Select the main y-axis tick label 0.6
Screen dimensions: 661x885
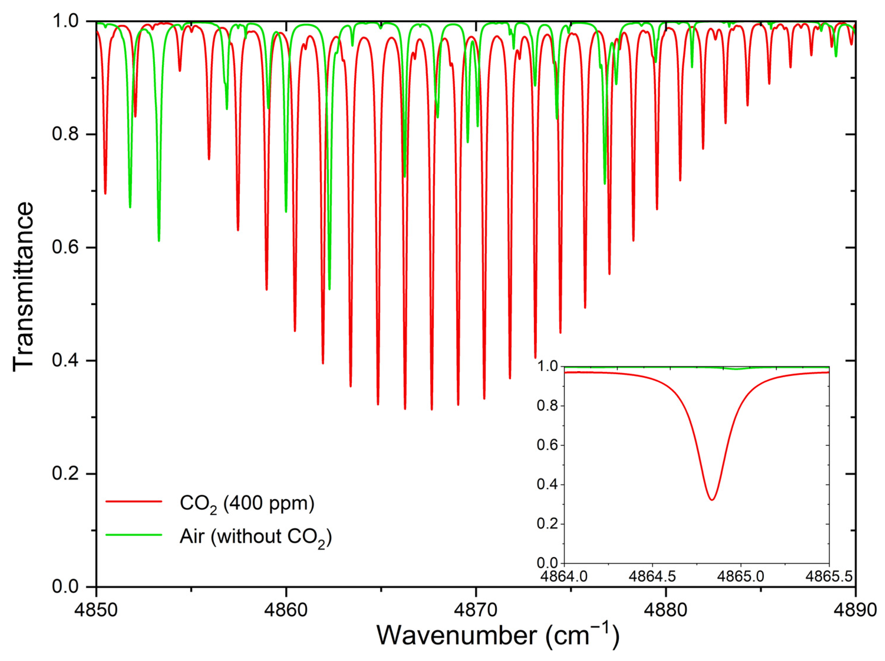pyautogui.click(x=65, y=247)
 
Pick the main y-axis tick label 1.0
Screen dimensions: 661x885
pyautogui.click(x=65, y=21)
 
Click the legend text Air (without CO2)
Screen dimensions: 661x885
pyautogui.click(x=255, y=537)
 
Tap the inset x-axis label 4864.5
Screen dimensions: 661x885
pyautogui.click(x=652, y=576)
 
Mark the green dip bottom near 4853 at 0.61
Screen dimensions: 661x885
pyautogui.click(x=159, y=240)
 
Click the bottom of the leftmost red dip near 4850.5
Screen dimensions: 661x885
pyautogui.click(x=105, y=193)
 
